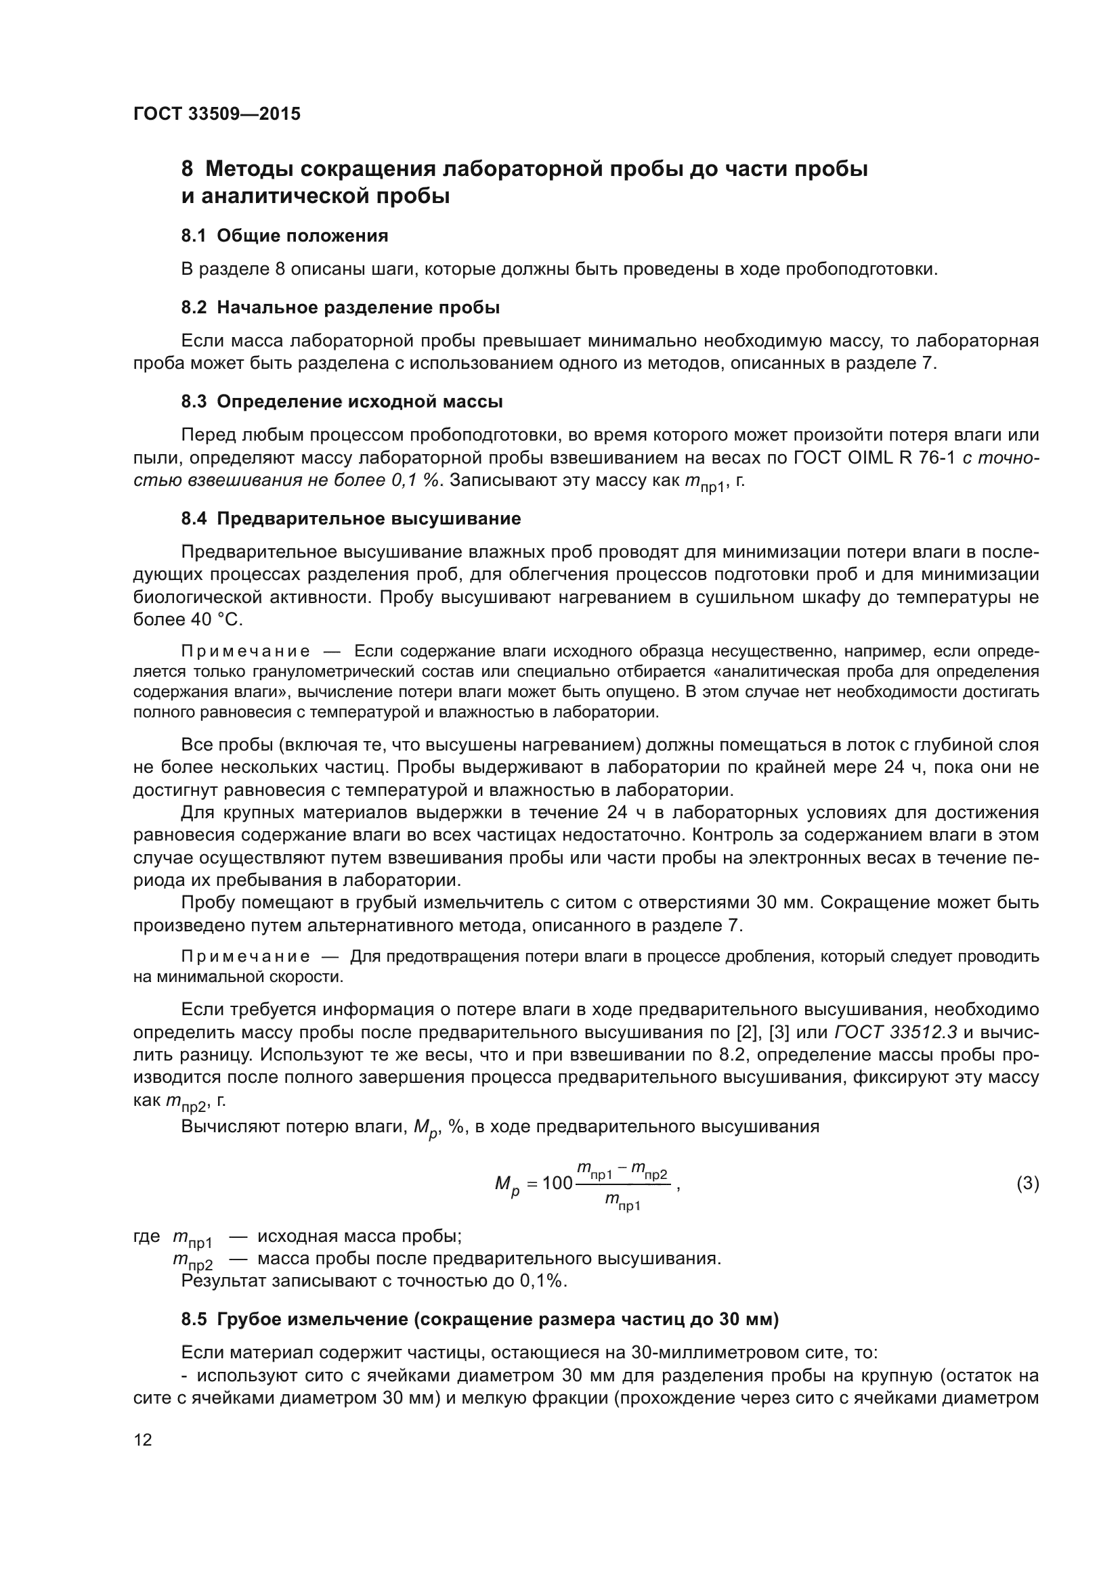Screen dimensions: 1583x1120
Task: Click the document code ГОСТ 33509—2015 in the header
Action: click(x=217, y=114)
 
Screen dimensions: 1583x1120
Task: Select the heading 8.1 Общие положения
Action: click(x=284, y=236)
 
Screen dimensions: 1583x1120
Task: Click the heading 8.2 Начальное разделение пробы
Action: click(x=340, y=307)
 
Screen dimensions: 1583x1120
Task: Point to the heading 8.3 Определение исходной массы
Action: click(x=341, y=401)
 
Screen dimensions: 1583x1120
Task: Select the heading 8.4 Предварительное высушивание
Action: click(x=350, y=518)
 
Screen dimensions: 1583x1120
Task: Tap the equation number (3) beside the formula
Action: click(x=1027, y=1183)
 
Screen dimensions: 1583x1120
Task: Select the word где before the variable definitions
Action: click(x=146, y=1236)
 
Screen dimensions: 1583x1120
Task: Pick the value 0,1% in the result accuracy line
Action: click(x=543, y=1281)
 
